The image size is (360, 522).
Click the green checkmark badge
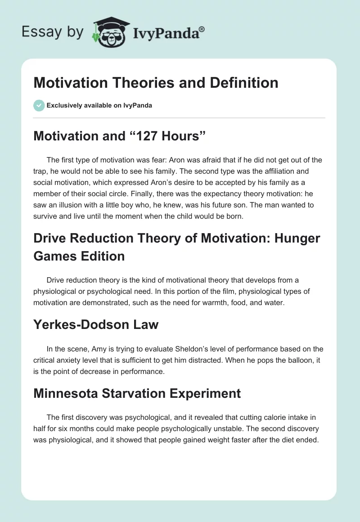tap(39, 106)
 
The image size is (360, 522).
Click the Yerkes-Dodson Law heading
tap(96, 325)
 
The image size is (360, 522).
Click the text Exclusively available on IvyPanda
tap(99, 106)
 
